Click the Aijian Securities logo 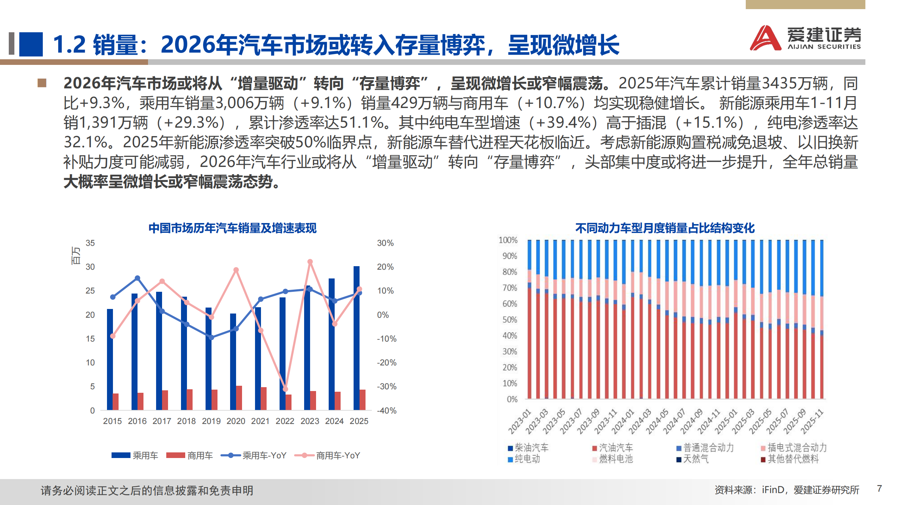[x=805, y=38]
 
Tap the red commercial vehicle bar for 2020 [x=239, y=398]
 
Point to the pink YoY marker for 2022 [x=285, y=389]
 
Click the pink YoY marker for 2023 [x=310, y=262]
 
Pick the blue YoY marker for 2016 [x=138, y=278]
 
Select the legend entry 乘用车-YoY [x=254, y=456]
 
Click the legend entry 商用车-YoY [x=328, y=456]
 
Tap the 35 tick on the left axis [x=90, y=243]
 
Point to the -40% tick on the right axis [x=387, y=410]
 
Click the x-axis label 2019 [x=211, y=421]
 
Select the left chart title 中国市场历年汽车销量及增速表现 [x=232, y=228]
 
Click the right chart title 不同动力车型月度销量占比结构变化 [x=665, y=228]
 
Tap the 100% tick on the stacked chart [x=508, y=240]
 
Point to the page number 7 [x=879, y=489]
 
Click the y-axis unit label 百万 [x=76, y=255]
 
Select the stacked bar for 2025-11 [x=822, y=319]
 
